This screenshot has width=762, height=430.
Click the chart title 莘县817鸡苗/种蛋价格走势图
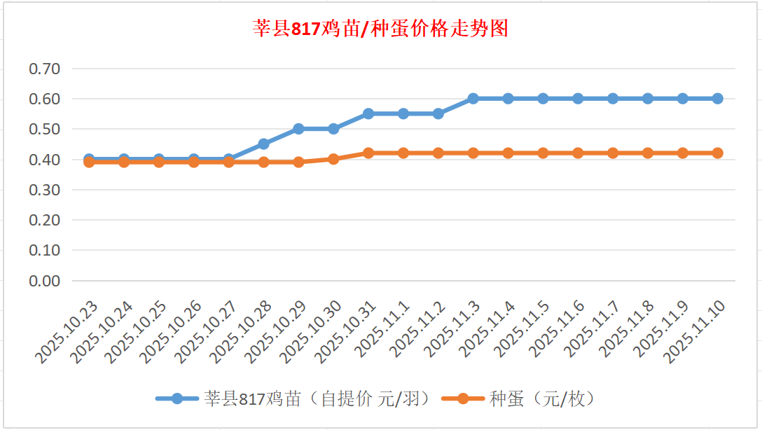pyautogui.click(x=380, y=29)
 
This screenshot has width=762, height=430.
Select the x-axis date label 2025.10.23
pyautogui.click(x=68, y=332)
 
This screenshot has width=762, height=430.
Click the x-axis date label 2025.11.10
pyautogui.click(x=697, y=332)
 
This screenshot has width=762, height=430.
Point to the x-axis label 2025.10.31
pyautogui.click(x=347, y=332)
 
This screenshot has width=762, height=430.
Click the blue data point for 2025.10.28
pyautogui.click(x=263, y=144)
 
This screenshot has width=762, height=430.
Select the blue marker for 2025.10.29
pyautogui.click(x=298, y=129)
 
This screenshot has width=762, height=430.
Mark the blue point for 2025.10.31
pyautogui.click(x=368, y=113)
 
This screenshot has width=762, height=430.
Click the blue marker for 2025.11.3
pyautogui.click(x=473, y=99)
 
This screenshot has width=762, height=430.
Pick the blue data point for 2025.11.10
pyautogui.click(x=717, y=99)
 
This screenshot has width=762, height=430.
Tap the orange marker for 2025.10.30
pyautogui.click(x=333, y=159)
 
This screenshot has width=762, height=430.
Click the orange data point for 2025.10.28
pyautogui.click(x=263, y=162)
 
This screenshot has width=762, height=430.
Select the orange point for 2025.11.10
pyautogui.click(x=717, y=153)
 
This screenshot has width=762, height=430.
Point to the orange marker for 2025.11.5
pyautogui.click(x=543, y=153)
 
